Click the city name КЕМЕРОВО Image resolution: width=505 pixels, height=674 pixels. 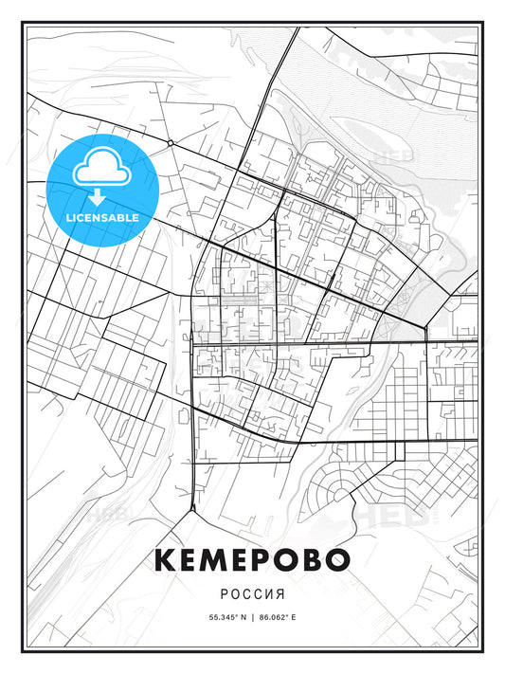point(252,558)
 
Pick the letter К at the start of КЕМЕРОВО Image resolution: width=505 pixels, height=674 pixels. point(167,558)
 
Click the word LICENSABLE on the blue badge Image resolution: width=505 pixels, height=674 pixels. point(101,217)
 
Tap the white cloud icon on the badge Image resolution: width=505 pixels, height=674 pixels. point(101,171)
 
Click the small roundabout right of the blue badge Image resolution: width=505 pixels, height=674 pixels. point(169,142)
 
